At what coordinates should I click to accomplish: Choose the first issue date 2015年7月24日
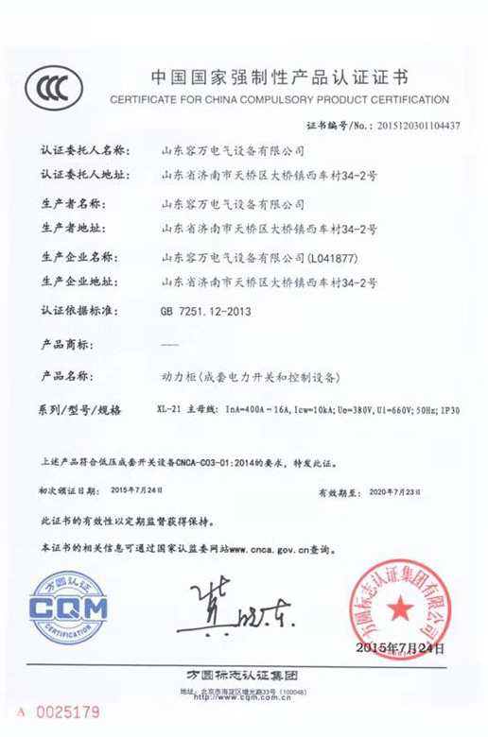tap(137, 490)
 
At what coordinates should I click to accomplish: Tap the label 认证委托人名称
tap(82, 149)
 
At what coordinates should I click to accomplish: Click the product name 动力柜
tap(178, 376)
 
